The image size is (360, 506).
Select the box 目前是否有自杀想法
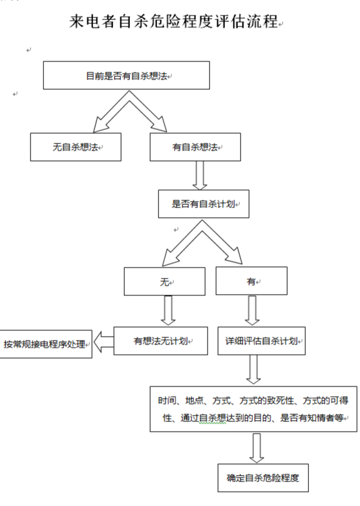(x=127, y=76)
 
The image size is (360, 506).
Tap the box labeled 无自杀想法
(x=76, y=147)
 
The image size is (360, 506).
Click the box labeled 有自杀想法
(x=195, y=147)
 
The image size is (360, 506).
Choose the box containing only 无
(x=166, y=282)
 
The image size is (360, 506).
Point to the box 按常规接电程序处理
(x=45, y=343)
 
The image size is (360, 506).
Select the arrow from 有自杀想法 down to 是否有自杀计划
(x=200, y=174)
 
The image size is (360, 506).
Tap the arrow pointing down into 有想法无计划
(x=168, y=311)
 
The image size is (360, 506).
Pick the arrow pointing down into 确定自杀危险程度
(x=257, y=447)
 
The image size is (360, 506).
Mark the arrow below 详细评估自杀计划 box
(x=253, y=370)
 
